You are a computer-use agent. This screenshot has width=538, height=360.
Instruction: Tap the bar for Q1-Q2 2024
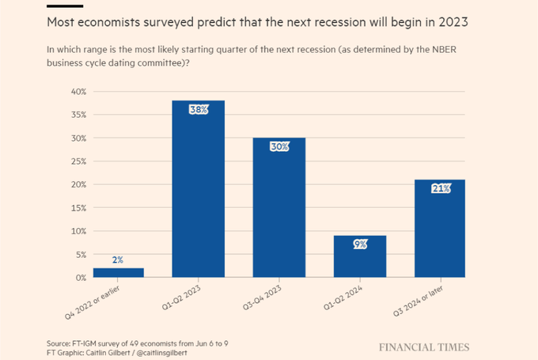[360, 257]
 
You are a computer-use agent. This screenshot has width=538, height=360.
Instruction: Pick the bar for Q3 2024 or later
[441, 229]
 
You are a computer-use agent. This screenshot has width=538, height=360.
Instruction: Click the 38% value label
[198, 110]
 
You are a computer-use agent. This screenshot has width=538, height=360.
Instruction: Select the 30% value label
[278, 147]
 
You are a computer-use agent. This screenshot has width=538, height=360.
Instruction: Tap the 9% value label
[360, 244]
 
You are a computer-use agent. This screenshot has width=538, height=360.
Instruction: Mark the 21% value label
[441, 188]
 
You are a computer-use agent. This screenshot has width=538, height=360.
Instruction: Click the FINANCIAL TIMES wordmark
[423, 347]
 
